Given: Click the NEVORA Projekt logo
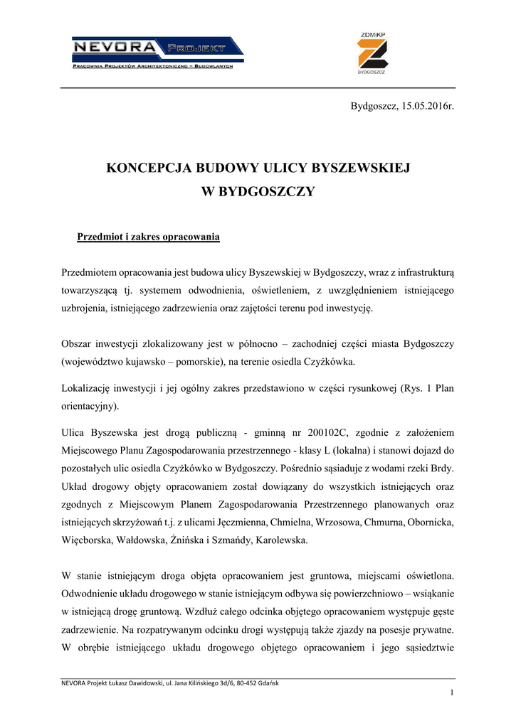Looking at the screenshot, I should click(157, 54).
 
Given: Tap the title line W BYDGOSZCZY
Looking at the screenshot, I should click(258, 191).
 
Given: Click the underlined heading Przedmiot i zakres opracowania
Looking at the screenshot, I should click(148, 236).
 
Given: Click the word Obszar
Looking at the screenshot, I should click(77, 344).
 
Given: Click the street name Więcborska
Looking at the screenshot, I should click(88, 540).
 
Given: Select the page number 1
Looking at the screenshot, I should click(451, 693).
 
